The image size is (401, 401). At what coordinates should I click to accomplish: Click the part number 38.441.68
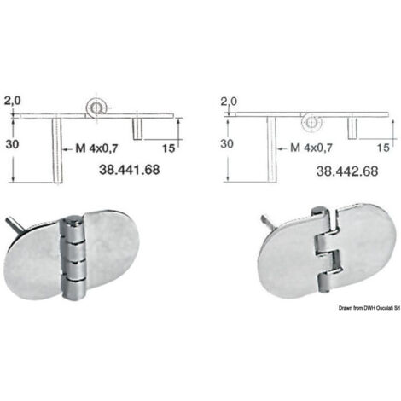pyautogui.click(x=130, y=170)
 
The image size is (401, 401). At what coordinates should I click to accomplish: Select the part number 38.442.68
pyautogui.click(x=347, y=171)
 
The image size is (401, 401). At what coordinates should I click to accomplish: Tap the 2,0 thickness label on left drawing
pyautogui.click(x=13, y=101)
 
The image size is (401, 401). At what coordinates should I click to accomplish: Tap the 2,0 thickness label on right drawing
pyautogui.click(x=229, y=102)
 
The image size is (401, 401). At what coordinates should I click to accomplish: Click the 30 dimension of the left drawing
pyautogui.click(x=12, y=144)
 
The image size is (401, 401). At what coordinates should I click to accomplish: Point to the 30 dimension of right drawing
pyautogui.click(x=227, y=143)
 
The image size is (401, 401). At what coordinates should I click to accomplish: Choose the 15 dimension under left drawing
pyautogui.click(x=168, y=148)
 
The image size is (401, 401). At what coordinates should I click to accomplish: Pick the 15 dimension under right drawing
pyautogui.click(x=383, y=148)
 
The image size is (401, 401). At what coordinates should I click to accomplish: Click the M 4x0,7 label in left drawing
pyautogui.click(x=96, y=148)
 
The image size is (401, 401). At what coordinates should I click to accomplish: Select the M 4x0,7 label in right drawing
pyautogui.click(x=311, y=148)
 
